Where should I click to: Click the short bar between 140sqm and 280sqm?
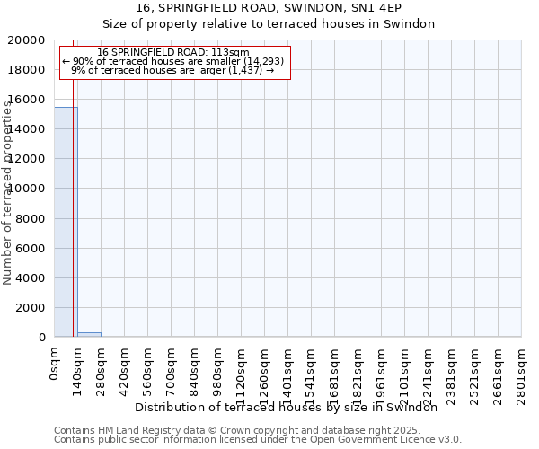89,334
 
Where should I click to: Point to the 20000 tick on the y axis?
30,40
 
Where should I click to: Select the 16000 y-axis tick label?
30,100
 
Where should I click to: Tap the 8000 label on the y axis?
33,218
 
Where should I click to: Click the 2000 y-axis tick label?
33,307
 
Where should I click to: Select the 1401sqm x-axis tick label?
287,371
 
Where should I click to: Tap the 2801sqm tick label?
521,371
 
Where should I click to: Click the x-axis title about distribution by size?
291,407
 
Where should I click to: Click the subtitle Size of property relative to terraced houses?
269,24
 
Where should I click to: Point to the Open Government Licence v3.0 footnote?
258,439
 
